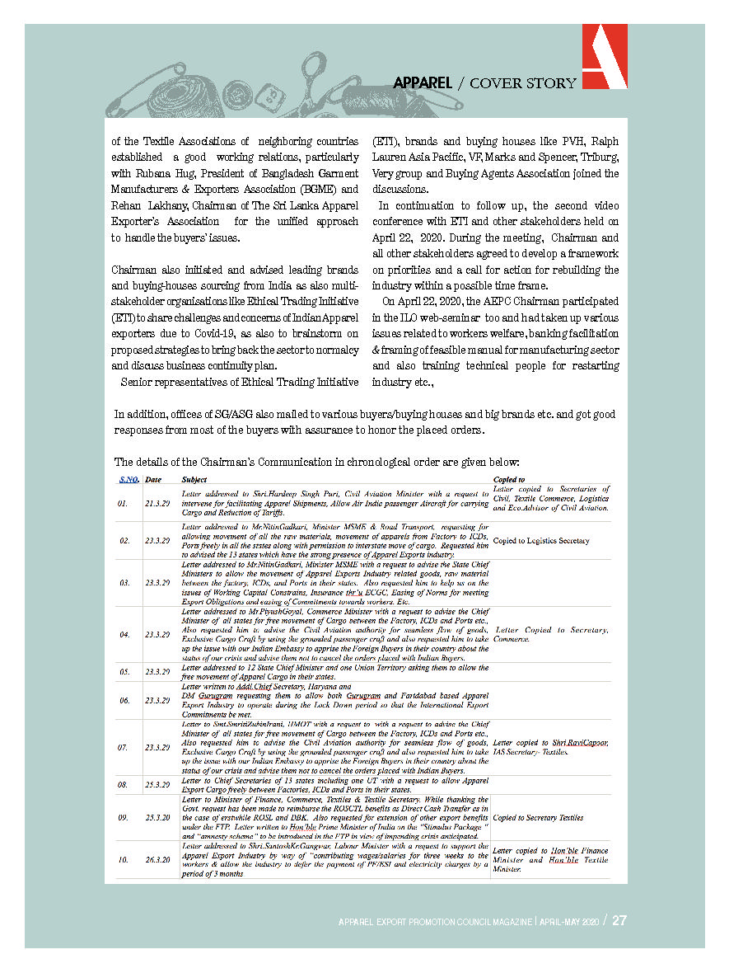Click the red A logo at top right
tap(605, 56)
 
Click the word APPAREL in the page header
tap(423, 83)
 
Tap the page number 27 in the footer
tap(619, 921)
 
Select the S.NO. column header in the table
tap(129, 479)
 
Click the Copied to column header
tap(509, 479)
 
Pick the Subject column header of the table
tap(194, 479)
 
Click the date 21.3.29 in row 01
tap(157, 502)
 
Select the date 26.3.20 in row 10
tap(157, 860)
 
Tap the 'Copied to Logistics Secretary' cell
tap(540, 541)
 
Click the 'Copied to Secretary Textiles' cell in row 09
tap(538, 818)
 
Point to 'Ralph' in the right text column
tap(604, 141)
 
